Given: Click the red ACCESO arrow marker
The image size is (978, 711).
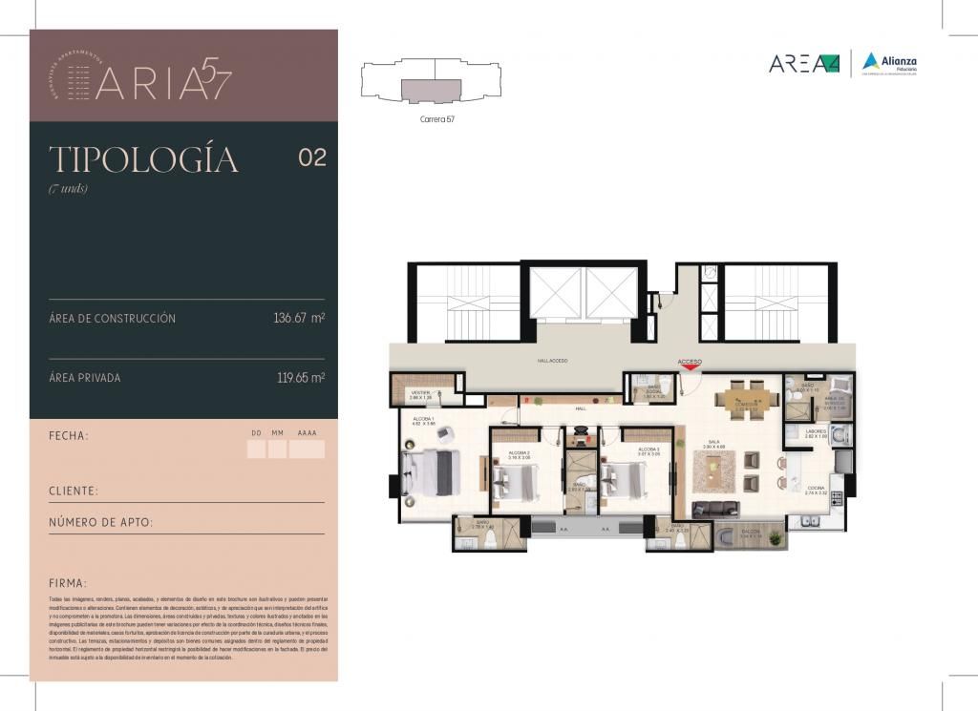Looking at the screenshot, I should (x=689, y=364).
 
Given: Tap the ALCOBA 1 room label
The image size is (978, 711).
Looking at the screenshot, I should (x=423, y=421).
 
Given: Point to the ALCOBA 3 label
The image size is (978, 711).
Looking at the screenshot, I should (x=649, y=450).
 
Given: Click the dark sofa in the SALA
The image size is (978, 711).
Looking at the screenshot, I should (x=714, y=509).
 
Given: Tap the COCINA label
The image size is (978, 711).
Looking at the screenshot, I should (x=814, y=489).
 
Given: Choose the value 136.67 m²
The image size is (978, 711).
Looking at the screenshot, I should (x=299, y=318).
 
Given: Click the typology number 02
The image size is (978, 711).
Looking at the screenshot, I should (x=312, y=158).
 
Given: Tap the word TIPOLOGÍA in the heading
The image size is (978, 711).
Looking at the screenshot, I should (x=143, y=159).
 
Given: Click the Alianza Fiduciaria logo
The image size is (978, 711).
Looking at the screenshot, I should (x=889, y=63).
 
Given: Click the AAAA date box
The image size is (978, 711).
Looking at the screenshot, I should (x=307, y=449).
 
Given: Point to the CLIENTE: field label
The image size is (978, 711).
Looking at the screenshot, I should (x=74, y=491).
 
